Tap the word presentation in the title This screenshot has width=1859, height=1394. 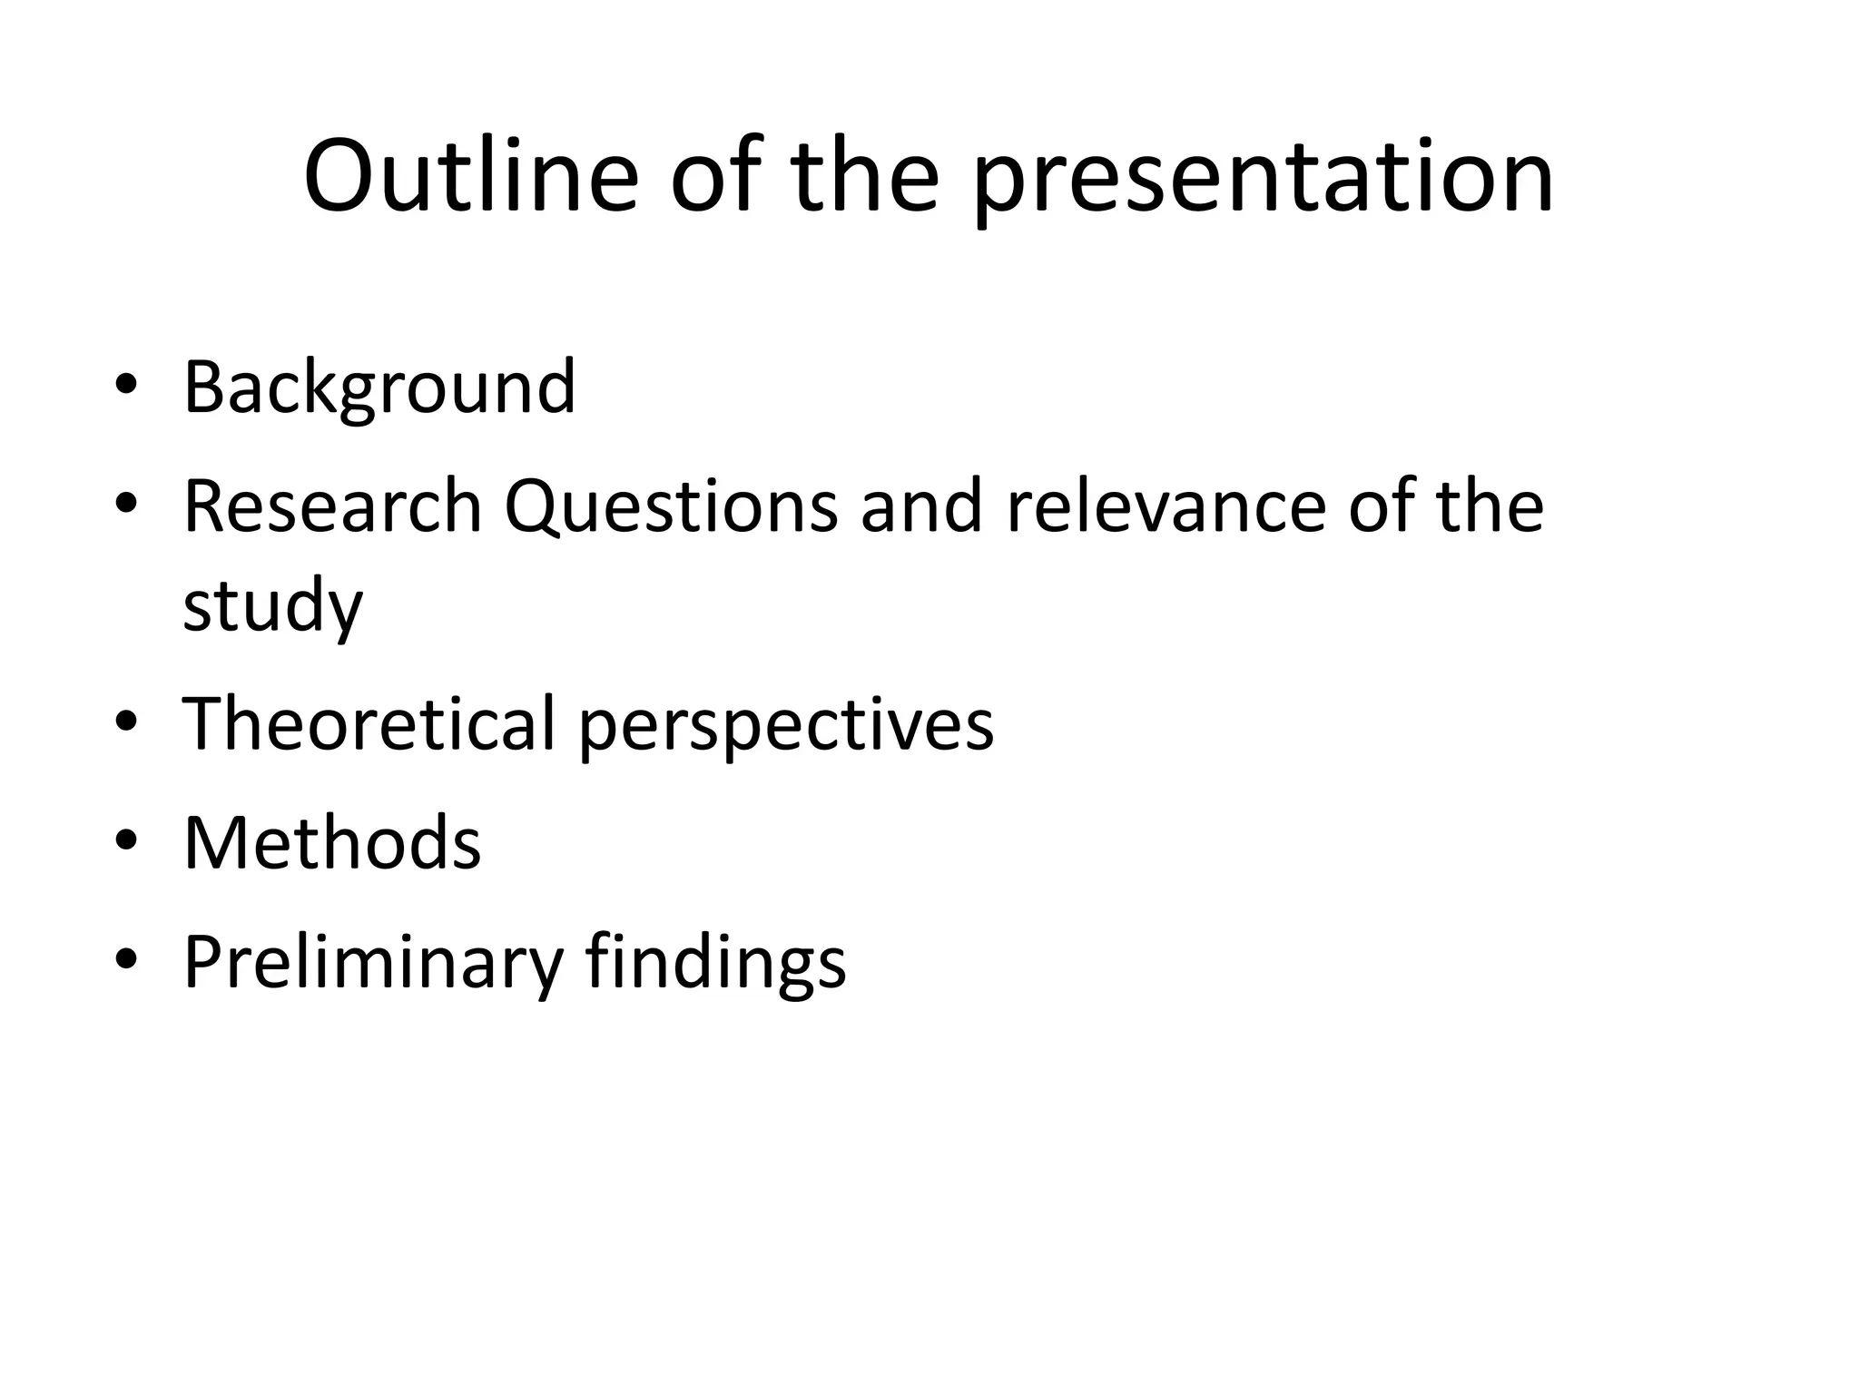click(x=1264, y=179)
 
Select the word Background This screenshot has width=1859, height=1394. click(x=379, y=388)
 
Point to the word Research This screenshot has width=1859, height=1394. click(x=332, y=506)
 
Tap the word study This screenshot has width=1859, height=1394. click(x=272, y=606)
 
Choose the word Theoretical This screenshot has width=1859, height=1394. click(x=369, y=723)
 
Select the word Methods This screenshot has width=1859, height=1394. click(x=332, y=843)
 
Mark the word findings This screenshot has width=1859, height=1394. click(x=715, y=963)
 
